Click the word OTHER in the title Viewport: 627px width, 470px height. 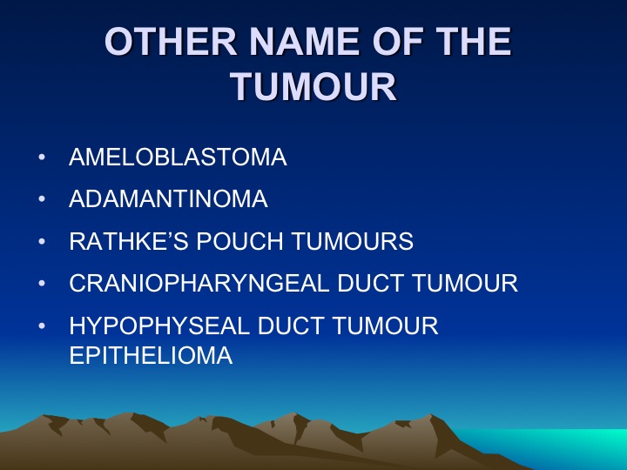pos(171,42)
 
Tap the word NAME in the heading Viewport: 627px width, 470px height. pos(305,42)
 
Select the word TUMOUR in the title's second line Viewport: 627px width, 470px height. pos(313,87)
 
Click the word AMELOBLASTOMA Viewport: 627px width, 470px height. pos(178,157)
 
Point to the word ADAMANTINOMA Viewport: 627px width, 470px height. pos(168,198)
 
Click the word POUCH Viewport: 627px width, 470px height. pos(240,241)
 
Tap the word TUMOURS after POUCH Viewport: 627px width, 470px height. pos(353,241)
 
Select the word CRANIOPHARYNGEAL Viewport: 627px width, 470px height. pos(199,283)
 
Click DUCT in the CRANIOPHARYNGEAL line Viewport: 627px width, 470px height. pos(370,283)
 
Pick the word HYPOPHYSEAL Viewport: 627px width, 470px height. pos(159,326)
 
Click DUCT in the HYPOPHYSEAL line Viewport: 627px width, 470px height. pos(291,326)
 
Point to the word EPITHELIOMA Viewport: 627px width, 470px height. pos(151,355)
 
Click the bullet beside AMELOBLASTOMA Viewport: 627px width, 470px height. pos(42,157)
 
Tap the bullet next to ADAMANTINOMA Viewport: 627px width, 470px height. pos(42,199)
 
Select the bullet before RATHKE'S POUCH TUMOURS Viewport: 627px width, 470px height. pos(42,241)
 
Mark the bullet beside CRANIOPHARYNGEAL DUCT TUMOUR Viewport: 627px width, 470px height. pos(42,284)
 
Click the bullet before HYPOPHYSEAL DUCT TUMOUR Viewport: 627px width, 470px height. pos(42,326)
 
